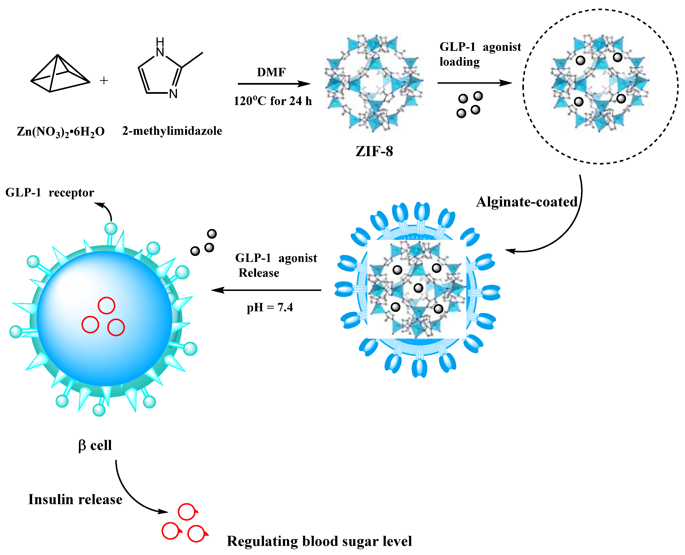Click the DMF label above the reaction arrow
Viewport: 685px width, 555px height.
click(x=271, y=72)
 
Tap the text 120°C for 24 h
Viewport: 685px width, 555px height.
click(x=272, y=101)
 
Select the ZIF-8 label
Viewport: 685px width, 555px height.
click(x=374, y=151)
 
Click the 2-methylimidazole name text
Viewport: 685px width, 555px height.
click(x=172, y=131)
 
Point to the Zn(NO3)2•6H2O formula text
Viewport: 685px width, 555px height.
click(x=61, y=131)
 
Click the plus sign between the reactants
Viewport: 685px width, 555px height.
click(x=104, y=81)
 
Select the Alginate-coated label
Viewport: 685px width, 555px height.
click(x=527, y=202)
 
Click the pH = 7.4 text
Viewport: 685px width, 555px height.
click(x=269, y=307)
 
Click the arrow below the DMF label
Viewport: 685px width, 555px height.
click(x=274, y=84)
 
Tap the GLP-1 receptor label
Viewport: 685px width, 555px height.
click(x=50, y=192)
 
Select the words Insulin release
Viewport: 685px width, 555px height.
click(x=75, y=499)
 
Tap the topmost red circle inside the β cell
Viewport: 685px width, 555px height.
click(x=106, y=305)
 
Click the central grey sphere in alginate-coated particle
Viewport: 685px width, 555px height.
click(x=418, y=288)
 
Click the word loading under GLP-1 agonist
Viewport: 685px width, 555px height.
click(x=459, y=62)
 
